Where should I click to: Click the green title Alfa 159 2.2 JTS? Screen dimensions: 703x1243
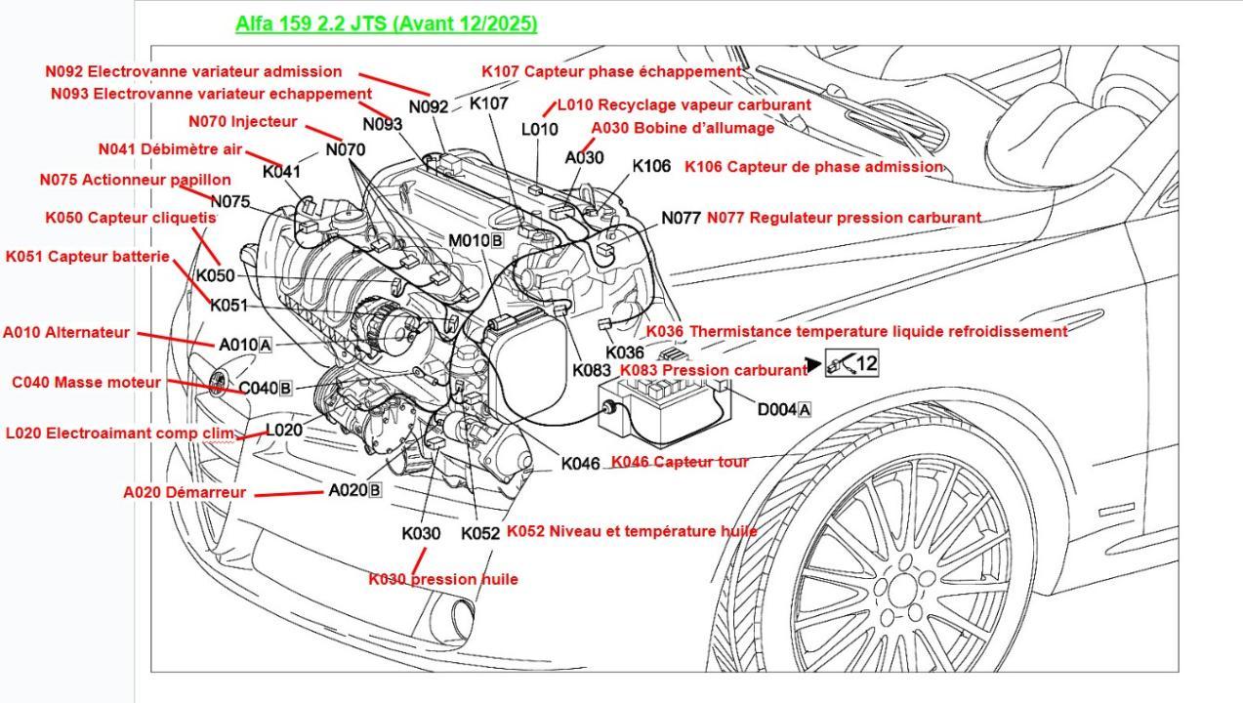pyautogui.click(x=386, y=23)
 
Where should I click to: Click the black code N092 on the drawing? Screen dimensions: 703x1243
pyautogui.click(x=429, y=107)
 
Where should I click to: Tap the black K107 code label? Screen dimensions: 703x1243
pyautogui.click(x=489, y=103)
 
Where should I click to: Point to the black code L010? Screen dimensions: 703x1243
pyautogui.click(x=539, y=129)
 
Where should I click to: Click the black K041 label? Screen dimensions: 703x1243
pyautogui.click(x=282, y=172)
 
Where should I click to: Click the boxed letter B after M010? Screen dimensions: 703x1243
pyautogui.click(x=497, y=240)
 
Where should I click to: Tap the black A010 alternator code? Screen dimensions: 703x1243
pyautogui.click(x=237, y=345)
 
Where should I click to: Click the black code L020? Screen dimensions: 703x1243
pyautogui.click(x=284, y=430)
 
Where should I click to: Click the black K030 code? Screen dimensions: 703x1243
pyautogui.click(x=421, y=534)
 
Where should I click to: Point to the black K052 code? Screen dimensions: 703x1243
pyautogui.click(x=480, y=534)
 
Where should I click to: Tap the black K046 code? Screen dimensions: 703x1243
pyautogui.click(x=581, y=464)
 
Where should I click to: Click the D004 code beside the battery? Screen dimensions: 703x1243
pyautogui.click(x=776, y=409)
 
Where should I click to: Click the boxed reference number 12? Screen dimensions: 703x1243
pyautogui.click(x=865, y=364)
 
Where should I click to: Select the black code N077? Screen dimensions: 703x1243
pyautogui.click(x=681, y=218)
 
